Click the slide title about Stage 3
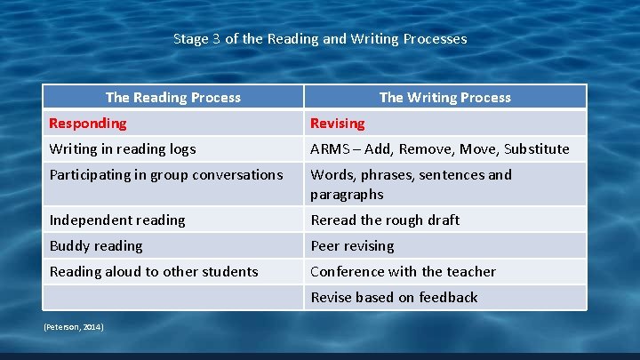(x=320, y=39)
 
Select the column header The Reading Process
(x=173, y=97)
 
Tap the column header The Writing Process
(x=444, y=97)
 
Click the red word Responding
(x=88, y=123)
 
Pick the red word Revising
(x=337, y=123)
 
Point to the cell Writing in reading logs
(x=123, y=148)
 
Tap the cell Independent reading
(x=117, y=220)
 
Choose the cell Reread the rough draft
(x=385, y=220)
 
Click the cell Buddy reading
(x=96, y=245)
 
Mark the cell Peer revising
(x=352, y=245)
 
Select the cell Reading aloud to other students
(x=154, y=271)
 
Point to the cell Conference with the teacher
(x=403, y=271)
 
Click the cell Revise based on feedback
(x=394, y=297)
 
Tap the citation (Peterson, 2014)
(x=74, y=327)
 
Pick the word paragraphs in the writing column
(x=347, y=194)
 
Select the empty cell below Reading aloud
(x=173, y=297)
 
